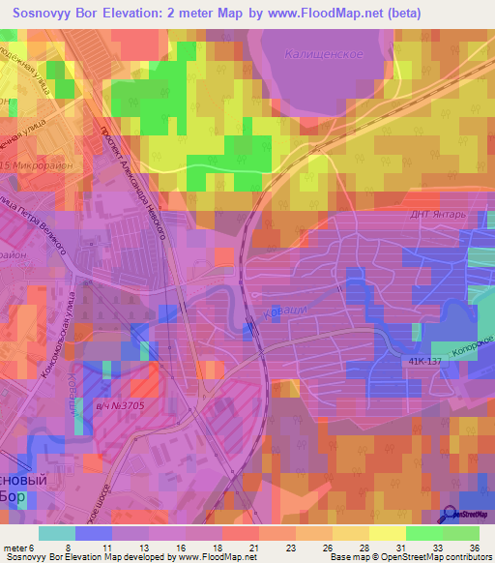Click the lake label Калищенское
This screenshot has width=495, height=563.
point(323,54)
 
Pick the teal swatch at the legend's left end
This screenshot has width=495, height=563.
point(56,533)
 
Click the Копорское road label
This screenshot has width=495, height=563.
point(476,349)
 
